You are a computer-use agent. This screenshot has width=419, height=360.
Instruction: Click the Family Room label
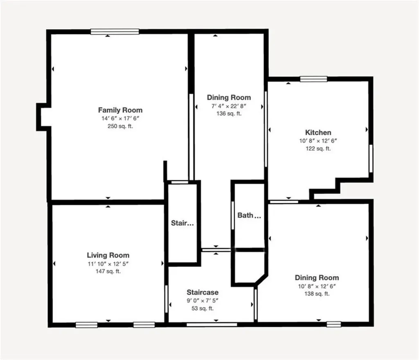pyautogui.click(x=120, y=110)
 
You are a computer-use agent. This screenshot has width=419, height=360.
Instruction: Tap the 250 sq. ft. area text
pyautogui.click(x=120, y=126)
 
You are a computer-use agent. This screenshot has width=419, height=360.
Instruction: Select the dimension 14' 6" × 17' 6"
pyautogui.click(x=120, y=118)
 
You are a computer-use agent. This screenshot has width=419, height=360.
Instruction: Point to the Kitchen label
pyautogui.click(x=318, y=132)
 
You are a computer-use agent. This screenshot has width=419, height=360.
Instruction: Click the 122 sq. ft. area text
pyautogui.click(x=318, y=149)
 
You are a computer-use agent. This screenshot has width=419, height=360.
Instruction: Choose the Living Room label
pyautogui.click(x=108, y=255)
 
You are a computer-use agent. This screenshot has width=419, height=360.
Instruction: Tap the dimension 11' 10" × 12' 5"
pyautogui.click(x=108, y=263)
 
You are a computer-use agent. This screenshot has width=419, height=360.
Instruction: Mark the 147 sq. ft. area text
pyautogui.click(x=108, y=271)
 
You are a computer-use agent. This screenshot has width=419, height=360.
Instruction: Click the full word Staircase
pyautogui.click(x=203, y=292)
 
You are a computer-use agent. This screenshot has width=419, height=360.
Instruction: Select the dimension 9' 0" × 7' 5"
pyautogui.click(x=203, y=301)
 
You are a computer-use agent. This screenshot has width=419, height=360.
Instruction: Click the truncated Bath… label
pyautogui.click(x=249, y=215)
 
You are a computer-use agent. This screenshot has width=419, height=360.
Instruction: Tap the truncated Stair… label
pyautogui.click(x=182, y=223)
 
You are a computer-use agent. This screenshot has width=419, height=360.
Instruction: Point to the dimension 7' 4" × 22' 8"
pyautogui.click(x=229, y=106)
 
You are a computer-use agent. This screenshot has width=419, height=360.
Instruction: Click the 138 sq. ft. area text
pyautogui.click(x=318, y=294)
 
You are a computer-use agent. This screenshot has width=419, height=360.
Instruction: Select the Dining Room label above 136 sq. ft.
pyautogui.click(x=229, y=97)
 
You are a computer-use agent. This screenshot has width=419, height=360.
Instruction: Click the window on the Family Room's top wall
pyautogui.click(x=115, y=32)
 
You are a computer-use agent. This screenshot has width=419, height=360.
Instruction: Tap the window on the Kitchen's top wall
pyautogui.click(x=313, y=79)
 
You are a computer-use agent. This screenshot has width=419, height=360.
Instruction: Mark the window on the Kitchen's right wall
pyautogui.click(x=371, y=158)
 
